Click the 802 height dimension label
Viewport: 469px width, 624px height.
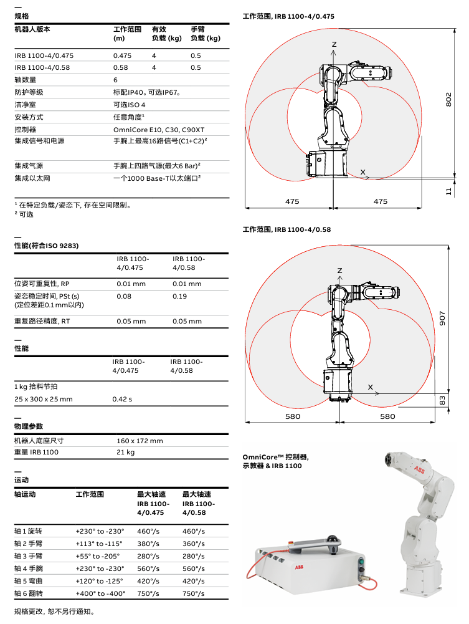448,100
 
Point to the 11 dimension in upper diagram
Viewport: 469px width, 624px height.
448,191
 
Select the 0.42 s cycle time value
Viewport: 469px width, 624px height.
122,399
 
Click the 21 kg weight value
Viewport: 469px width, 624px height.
125,452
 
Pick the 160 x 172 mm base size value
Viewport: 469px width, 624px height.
140,441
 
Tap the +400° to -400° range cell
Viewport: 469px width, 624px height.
100,594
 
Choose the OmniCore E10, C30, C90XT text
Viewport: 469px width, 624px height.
159,129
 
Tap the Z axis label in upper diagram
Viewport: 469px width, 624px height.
334,44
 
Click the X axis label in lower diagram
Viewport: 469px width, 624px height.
370,387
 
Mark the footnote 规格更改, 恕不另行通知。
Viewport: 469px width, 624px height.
54,612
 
